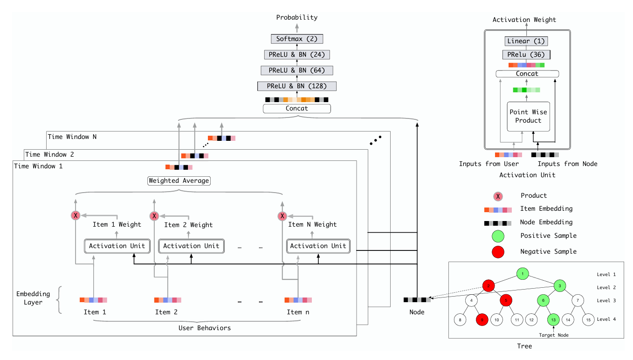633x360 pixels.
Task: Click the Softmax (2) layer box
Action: (296, 39)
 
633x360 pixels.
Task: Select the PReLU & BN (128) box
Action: (296, 86)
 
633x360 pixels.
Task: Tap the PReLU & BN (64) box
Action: (296, 70)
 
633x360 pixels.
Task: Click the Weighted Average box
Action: (179, 180)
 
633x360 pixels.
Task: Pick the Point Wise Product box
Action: (529, 116)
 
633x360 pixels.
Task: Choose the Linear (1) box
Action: (526, 42)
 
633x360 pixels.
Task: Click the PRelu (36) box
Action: (526, 55)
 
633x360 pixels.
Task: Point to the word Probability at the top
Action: (296, 17)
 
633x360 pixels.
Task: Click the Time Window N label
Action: (72, 137)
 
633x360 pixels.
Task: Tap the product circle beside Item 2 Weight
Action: (154, 216)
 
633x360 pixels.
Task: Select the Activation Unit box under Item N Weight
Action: (318, 246)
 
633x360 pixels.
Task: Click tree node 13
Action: (553, 320)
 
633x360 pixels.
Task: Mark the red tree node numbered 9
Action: (482, 320)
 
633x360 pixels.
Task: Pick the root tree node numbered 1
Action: (523, 273)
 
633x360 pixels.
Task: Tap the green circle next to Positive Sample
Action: (499, 236)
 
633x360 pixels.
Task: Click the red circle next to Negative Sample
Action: (499, 252)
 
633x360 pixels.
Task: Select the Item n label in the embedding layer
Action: (297, 312)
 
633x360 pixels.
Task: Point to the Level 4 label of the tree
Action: (606, 319)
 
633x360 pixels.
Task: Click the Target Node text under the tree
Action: (553, 335)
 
